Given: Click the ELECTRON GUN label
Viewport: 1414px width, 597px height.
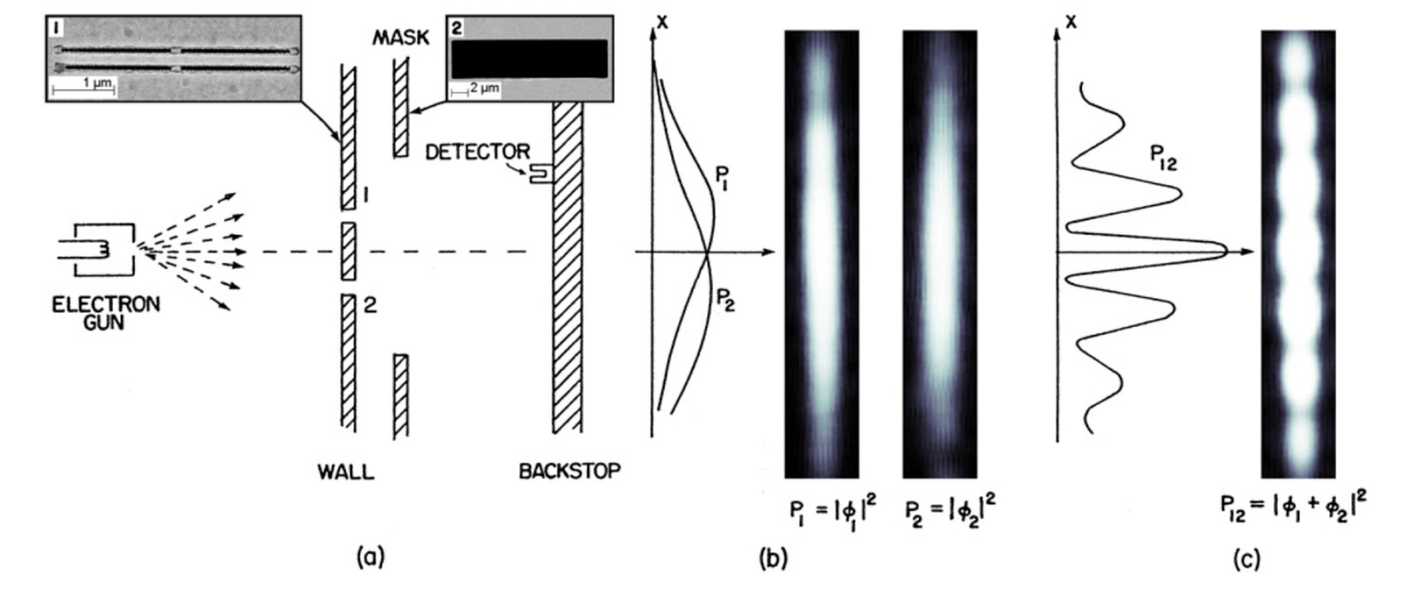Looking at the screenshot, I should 106,313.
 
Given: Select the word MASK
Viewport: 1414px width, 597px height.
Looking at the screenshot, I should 400,37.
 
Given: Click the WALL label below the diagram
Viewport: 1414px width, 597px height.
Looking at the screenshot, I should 346,471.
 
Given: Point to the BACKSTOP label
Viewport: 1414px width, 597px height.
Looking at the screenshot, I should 569,471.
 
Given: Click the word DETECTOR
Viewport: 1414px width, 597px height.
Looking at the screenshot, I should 477,152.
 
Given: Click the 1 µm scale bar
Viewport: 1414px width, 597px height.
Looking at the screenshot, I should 83,88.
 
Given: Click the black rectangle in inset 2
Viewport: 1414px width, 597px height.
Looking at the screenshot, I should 528,59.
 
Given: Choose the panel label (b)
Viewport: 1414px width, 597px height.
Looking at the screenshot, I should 773,558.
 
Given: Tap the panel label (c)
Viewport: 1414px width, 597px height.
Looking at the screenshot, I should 1246,558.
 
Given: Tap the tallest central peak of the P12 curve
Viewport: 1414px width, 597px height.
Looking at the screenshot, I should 1223,251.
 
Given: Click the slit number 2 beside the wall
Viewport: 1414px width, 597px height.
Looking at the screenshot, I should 370,305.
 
